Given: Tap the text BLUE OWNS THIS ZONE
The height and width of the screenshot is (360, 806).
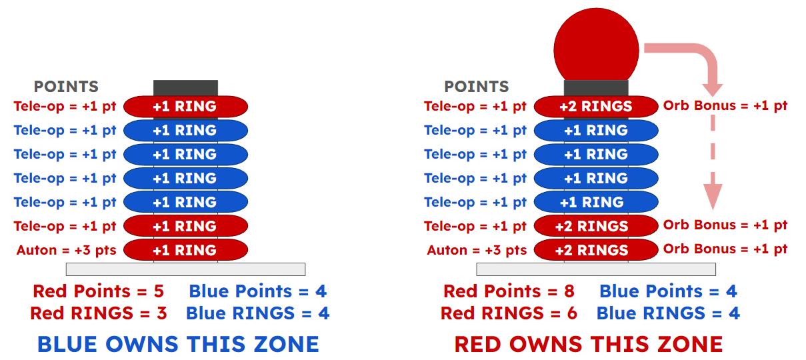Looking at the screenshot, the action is [179, 344].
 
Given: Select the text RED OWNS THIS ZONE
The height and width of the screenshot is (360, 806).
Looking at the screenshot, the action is [589, 344].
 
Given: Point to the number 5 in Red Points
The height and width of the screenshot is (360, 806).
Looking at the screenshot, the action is [159, 291].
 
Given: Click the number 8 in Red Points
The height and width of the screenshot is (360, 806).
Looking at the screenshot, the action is [569, 291].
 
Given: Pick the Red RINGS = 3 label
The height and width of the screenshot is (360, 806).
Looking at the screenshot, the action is [99, 313].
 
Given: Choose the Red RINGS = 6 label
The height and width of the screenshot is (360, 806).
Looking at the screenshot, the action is [509, 313].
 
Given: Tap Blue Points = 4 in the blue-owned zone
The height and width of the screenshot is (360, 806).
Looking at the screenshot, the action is [257, 291].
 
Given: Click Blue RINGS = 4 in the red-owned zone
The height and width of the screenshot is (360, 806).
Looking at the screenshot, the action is [668, 313].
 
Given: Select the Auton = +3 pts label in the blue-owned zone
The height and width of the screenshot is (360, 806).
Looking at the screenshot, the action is [66, 250].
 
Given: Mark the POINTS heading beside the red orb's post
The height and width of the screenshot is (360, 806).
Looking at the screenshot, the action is [477, 87].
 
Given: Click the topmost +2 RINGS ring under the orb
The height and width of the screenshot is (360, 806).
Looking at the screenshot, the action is [596, 107].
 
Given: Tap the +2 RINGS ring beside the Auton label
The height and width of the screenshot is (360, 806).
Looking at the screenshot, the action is [596, 250].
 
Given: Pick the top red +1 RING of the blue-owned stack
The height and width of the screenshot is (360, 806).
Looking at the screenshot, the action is [186, 107].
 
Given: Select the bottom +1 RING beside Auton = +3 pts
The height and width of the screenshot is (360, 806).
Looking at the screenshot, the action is [186, 250].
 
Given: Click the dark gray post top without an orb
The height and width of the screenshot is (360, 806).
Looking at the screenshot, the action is [186, 88].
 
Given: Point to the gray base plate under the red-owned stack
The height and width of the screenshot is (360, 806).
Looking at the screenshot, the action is [596, 269].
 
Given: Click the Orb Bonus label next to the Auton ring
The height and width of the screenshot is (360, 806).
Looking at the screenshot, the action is [725, 249].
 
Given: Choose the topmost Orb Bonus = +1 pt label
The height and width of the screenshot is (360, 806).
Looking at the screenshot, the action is [725, 106].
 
